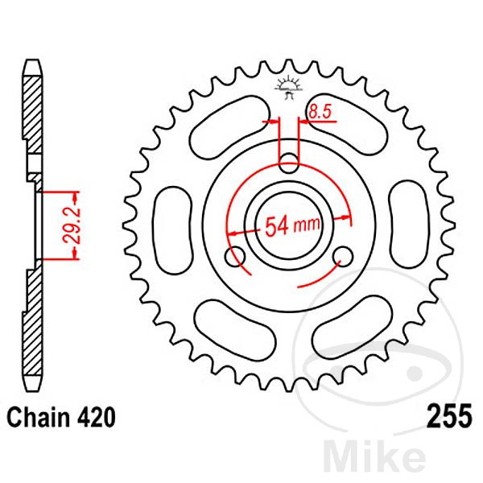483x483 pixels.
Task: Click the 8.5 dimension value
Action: click(320, 112)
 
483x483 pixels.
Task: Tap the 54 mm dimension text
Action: click(292, 225)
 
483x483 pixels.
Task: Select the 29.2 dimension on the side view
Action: click(72, 225)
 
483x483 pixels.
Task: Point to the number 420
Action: click(97, 418)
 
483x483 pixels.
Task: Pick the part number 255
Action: click(449, 416)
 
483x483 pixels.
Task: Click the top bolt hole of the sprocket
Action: click(289, 163)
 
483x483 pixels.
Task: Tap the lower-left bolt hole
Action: click(235, 256)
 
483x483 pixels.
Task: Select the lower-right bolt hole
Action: click(343, 256)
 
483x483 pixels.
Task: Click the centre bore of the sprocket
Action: click(289, 225)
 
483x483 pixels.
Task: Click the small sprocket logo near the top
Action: click(289, 88)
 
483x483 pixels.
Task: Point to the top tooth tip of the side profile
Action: click(33, 60)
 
